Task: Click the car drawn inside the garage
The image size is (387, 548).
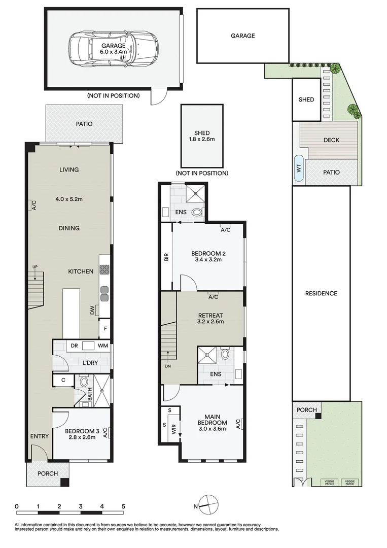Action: tap(114, 49)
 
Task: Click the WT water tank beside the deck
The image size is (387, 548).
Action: tap(299, 168)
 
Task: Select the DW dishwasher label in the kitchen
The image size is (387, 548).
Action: tap(92, 310)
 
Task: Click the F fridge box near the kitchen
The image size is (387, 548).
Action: tap(105, 328)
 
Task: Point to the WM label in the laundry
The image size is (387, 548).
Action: tap(102, 346)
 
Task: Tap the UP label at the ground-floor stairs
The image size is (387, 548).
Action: tap(35, 267)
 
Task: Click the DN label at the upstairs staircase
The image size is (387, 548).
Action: tap(168, 366)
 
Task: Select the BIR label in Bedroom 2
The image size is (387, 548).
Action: tap(166, 257)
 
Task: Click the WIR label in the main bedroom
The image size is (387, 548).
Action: tap(173, 429)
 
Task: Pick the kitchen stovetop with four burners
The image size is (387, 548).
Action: tap(105, 269)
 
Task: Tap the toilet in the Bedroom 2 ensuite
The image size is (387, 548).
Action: tap(197, 212)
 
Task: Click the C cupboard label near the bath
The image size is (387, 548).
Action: tap(63, 380)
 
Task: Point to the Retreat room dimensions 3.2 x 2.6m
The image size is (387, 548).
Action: tap(210, 322)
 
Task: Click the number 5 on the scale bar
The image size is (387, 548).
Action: tap(123, 506)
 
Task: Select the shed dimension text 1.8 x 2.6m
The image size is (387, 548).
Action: tap(202, 139)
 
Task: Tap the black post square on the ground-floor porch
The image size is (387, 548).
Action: tap(64, 482)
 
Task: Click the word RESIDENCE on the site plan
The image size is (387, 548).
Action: tap(322, 294)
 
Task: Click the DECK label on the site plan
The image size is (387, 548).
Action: tap(332, 140)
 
